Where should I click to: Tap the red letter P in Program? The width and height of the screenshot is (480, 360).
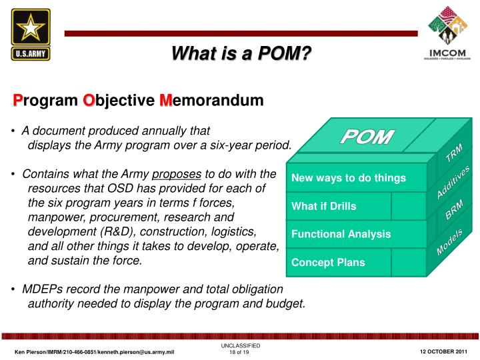point(19,100)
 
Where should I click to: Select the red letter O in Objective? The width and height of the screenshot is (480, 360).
point(88,100)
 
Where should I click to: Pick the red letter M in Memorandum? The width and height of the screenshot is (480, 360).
point(166,100)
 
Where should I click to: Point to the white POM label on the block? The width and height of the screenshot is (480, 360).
point(367,137)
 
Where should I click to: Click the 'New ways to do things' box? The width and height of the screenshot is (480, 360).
point(349,178)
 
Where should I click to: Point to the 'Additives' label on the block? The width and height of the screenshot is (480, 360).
point(453,181)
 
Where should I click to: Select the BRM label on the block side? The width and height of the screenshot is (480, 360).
point(453,210)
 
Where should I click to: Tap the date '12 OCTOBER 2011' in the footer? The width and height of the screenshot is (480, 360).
point(444,351)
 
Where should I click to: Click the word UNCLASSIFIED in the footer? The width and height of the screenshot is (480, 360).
point(241,345)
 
